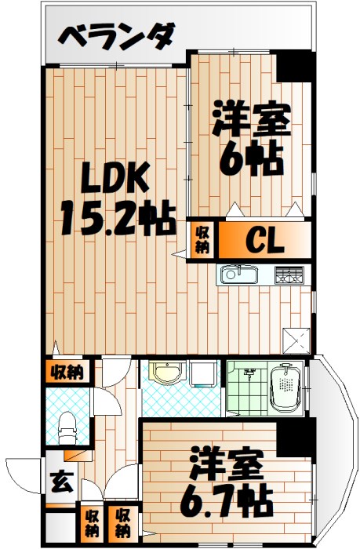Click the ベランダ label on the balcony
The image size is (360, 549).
(118, 36)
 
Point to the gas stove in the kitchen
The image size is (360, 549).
(288, 275)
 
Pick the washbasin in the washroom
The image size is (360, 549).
(165, 374)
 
